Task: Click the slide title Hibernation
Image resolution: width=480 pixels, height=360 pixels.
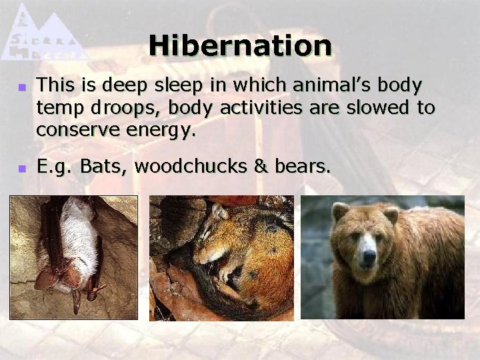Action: tap(240, 46)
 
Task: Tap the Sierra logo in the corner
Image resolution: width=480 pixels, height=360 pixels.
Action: tap(44, 33)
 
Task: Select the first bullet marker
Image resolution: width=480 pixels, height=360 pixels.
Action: tap(21, 87)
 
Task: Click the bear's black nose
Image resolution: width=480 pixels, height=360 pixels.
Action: tap(365, 257)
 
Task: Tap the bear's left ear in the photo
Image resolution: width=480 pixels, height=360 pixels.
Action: tap(341, 212)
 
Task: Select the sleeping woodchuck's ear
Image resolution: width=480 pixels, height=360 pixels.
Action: tap(218, 212)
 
